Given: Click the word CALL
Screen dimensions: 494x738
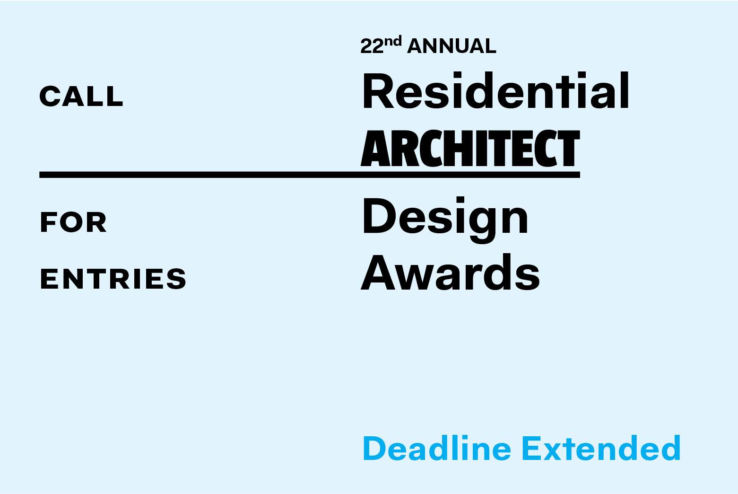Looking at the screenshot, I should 81,97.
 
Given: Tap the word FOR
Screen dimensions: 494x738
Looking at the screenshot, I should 73,222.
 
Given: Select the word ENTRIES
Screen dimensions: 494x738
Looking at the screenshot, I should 113,279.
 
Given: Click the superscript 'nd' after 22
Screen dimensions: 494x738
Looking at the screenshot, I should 393,42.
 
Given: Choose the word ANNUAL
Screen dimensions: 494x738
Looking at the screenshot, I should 452,46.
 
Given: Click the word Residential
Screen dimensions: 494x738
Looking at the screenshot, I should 496,91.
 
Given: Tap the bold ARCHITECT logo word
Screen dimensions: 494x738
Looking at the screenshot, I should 470,149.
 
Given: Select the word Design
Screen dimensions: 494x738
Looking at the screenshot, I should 445,218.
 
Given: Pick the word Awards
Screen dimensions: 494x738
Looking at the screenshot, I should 451,273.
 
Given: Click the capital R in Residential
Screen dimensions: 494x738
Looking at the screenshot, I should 378,91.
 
